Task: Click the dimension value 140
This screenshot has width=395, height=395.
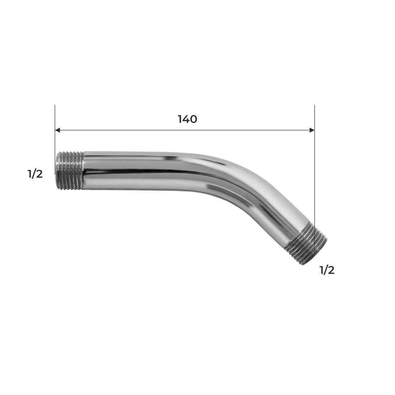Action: point(187,119)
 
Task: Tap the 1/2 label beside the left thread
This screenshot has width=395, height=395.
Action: point(35,174)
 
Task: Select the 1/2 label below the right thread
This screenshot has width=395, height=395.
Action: point(327,270)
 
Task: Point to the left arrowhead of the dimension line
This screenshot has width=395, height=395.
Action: point(57,130)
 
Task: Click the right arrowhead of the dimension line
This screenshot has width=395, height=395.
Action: point(312,130)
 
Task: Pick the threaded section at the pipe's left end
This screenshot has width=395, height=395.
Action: point(70,170)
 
